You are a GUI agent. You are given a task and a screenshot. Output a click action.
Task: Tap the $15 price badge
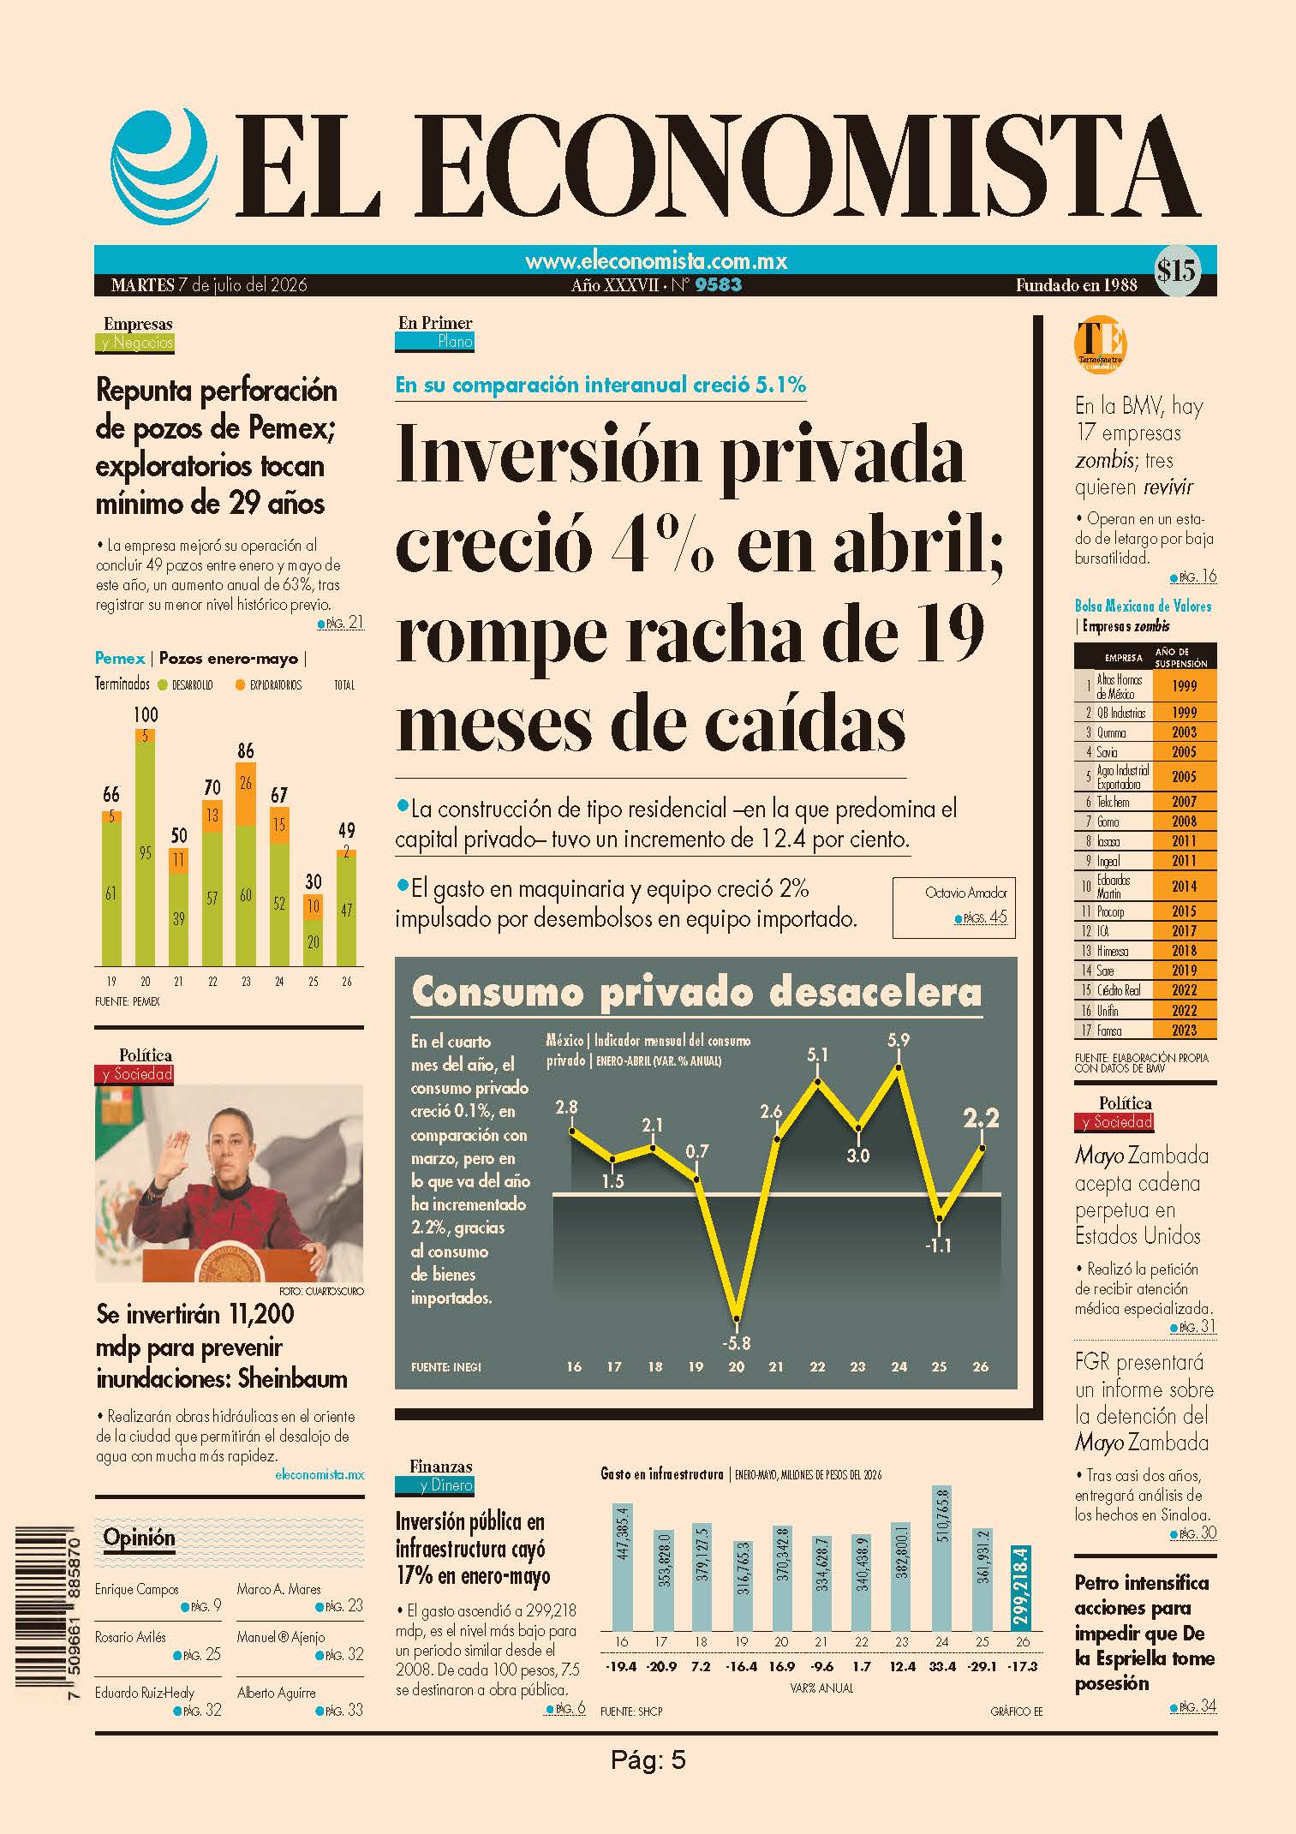point(1176,271)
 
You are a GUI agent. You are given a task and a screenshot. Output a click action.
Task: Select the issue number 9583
point(719,285)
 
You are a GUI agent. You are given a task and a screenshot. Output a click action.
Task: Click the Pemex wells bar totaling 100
point(146,847)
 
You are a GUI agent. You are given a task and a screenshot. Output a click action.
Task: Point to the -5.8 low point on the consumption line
point(736,1319)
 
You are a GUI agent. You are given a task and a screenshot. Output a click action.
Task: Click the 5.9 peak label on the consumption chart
point(899,1040)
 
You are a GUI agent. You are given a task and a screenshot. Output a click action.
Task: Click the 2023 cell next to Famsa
point(1184,1031)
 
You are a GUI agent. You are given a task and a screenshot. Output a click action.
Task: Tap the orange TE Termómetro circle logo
point(1100,344)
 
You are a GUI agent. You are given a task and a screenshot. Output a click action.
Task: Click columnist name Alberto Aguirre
point(277,1693)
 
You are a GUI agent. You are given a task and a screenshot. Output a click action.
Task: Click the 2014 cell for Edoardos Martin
point(1184,887)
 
